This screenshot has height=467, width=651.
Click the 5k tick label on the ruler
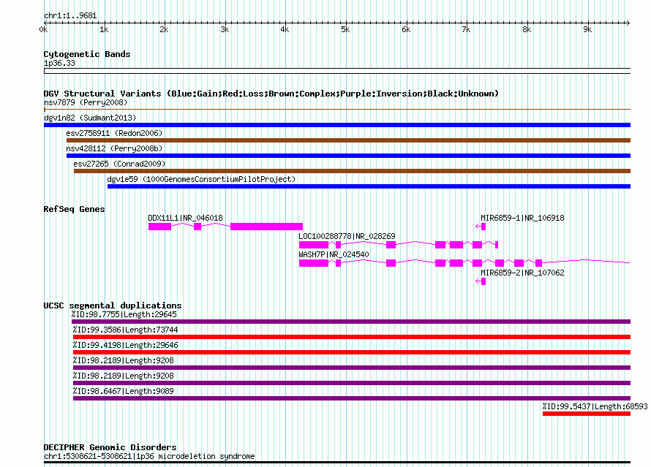click(345, 29)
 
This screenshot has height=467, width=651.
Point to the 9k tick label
click(587, 29)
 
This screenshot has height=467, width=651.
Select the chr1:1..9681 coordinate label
click(70, 16)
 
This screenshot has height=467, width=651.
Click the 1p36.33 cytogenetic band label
click(59, 63)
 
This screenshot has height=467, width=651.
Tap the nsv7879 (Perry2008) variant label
click(86, 102)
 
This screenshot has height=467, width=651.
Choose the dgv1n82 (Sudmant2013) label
click(90, 118)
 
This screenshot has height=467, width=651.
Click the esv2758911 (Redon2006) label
click(114, 133)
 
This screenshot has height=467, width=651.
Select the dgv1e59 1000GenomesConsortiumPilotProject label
click(201, 179)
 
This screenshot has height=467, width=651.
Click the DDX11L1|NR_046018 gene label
click(185, 218)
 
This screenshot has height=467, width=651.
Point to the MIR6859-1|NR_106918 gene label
click(522, 218)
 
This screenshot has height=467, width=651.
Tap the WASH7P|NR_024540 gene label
click(334, 254)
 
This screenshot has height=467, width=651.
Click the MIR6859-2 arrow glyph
click(481, 281)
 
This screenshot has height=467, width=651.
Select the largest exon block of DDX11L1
click(266, 227)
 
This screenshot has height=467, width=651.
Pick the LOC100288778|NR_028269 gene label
click(347, 236)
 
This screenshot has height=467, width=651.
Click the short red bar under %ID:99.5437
click(586, 414)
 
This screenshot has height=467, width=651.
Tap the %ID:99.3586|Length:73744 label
click(125, 330)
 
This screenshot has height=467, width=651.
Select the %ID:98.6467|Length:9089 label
click(124, 391)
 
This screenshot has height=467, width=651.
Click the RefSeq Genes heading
click(75, 209)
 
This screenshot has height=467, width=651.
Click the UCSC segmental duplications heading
click(113, 305)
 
